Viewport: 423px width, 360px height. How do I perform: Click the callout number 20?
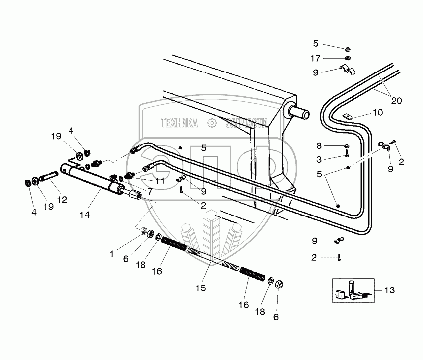(396, 100)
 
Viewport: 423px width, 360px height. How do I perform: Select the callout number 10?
(378, 113)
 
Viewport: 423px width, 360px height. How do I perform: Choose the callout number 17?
(315, 59)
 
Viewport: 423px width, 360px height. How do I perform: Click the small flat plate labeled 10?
(348, 117)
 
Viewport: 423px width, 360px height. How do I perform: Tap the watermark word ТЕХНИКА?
(178, 123)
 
